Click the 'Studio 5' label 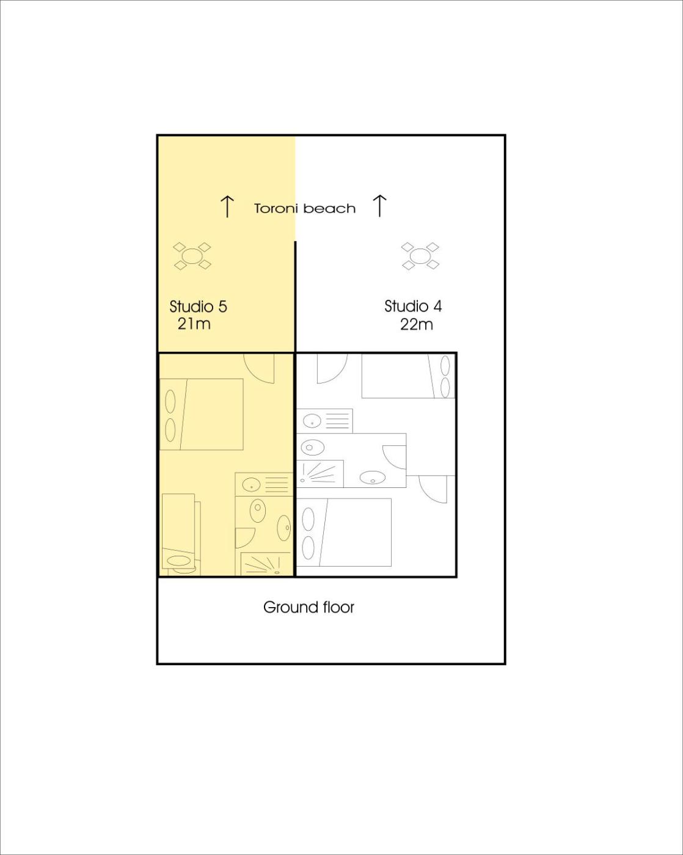coord(198,307)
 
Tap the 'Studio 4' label coord(412,307)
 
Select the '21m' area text coord(194,324)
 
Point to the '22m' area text coord(416,325)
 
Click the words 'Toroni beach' coord(304,209)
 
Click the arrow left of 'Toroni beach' coord(227,206)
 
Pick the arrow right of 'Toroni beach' coord(379,206)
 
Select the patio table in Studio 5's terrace coord(192,256)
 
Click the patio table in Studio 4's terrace coord(420,256)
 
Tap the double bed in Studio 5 coord(202,415)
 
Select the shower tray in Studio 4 coord(320,474)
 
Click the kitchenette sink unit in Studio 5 coord(264,484)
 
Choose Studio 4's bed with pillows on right coord(408,376)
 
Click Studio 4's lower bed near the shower coord(345,533)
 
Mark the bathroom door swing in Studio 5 coord(245,538)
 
